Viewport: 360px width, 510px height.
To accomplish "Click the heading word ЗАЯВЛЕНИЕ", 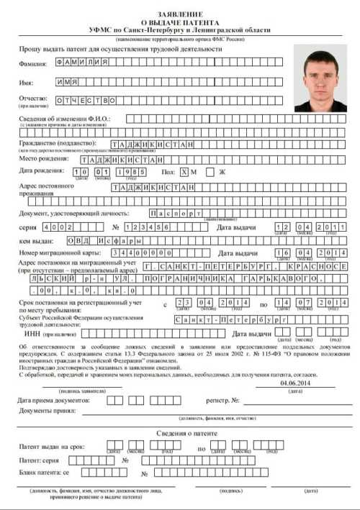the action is (179, 14).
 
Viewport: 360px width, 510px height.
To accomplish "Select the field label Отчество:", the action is (32, 99).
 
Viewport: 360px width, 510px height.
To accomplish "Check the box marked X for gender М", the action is (186, 171).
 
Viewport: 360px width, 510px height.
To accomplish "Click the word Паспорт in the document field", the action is (176, 213).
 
